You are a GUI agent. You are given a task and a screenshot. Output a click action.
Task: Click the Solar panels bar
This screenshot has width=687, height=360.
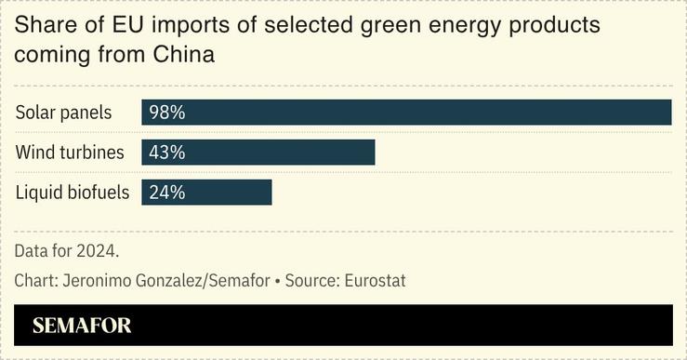(406, 113)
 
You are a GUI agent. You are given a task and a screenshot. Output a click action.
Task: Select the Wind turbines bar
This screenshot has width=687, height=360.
(258, 153)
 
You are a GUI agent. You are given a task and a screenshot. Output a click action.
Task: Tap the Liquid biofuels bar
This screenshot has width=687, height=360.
(206, 193)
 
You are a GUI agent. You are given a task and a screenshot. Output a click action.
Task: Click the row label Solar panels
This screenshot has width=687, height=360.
(63, 113)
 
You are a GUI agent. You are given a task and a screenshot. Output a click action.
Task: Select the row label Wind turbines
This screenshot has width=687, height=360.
(69, 153)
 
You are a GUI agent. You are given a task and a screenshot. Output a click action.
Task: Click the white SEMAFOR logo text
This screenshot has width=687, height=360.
(82, 326)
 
